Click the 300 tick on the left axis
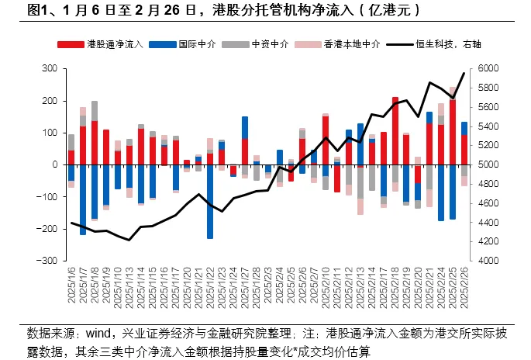(50, 69)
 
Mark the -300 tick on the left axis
(48, 261)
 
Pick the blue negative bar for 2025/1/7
(83, 199)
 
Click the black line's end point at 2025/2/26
(464, 74)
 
